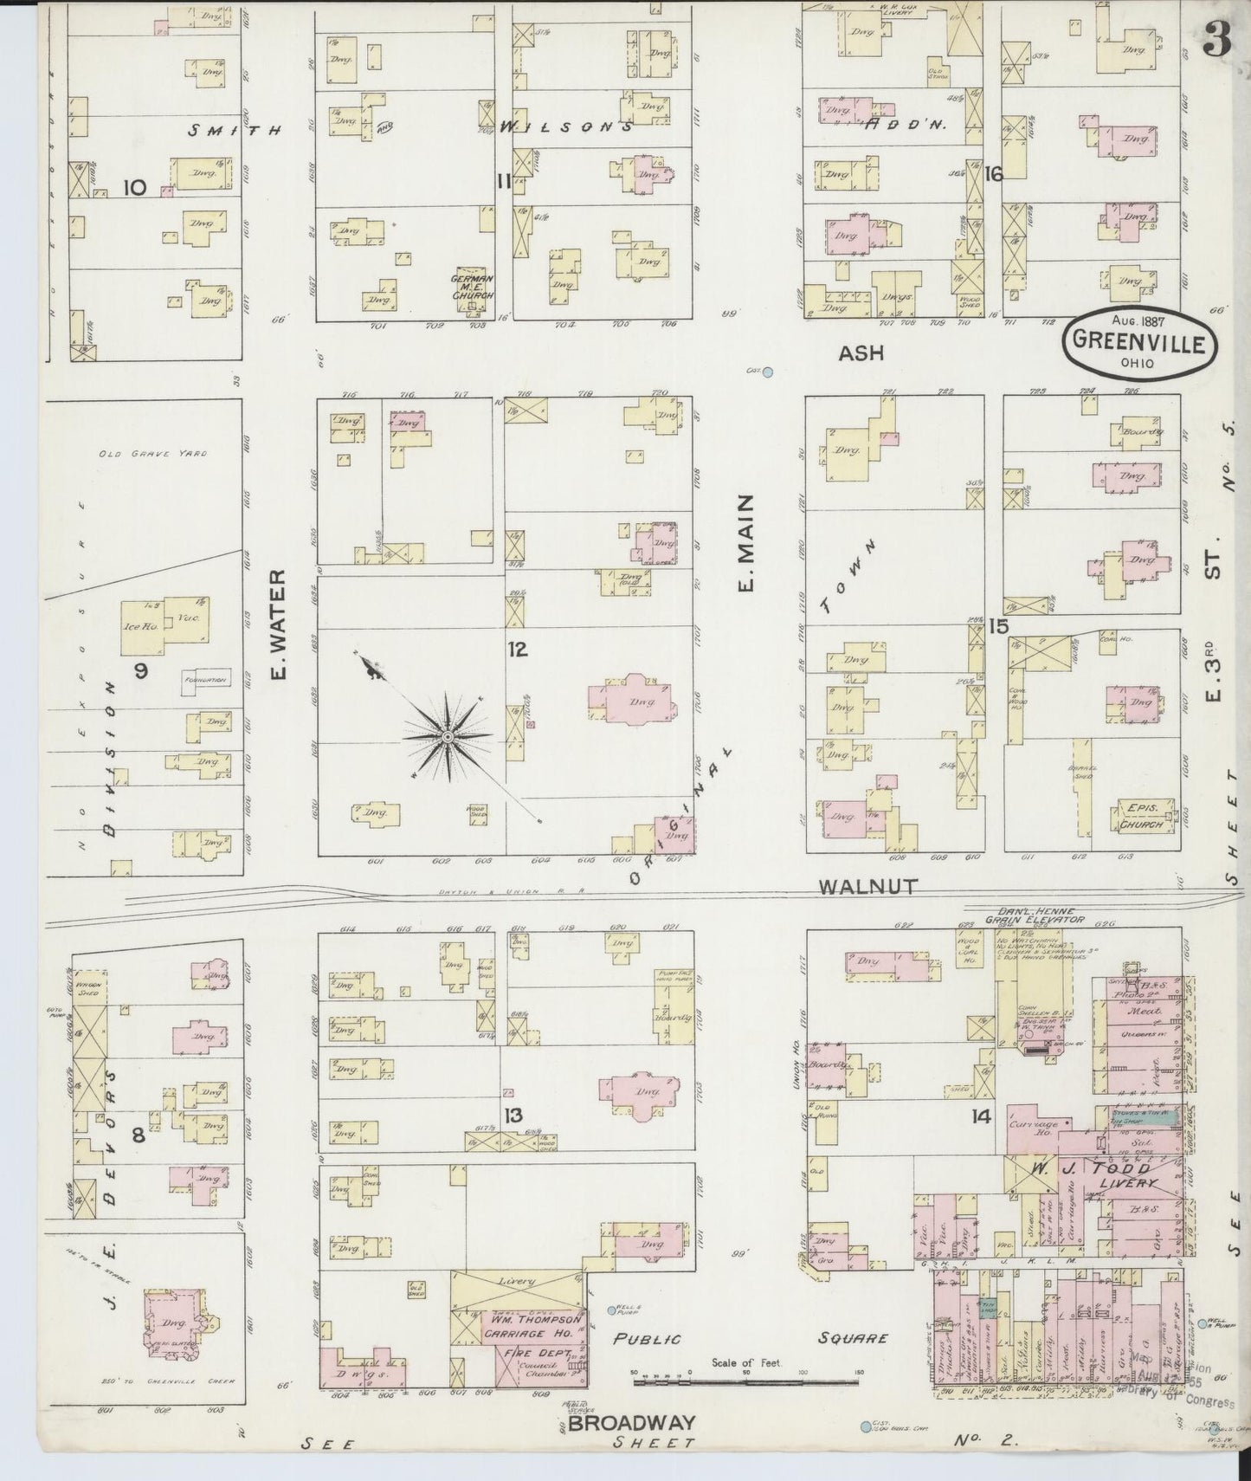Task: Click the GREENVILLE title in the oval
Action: (x=1138, y=342)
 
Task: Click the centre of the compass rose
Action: (x=448, y=736)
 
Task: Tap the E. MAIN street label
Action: (x=745, y=544)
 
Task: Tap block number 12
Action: (x=518, y=650)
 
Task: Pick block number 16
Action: (x=993, y=174)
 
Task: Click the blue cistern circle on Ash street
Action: (x=766, y=372)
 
